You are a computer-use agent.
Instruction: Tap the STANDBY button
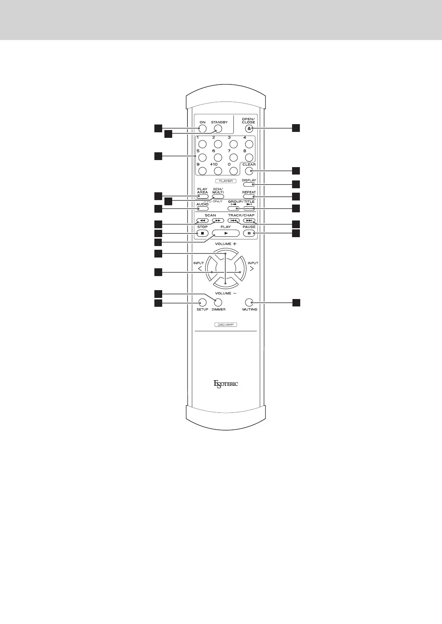tap(218, 129)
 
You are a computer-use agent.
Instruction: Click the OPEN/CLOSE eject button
tap(249, 129)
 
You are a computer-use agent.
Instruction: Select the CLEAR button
tap(249, 171)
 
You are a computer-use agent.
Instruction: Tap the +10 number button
tap(218, 171)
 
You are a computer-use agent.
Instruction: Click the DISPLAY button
tap(249, 184)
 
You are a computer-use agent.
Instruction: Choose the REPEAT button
tap(249, 196)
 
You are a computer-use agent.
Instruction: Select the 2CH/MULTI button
tap(218, 196)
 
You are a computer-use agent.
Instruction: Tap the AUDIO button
tap(202, 209)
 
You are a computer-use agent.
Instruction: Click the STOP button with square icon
tap(202, 233)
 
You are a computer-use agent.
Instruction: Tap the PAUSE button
tap(249, 233)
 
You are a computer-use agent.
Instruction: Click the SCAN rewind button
tap(202, 220)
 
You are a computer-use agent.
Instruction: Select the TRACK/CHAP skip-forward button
tap(249, 220)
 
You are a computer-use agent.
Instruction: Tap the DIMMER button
tap(218, 302)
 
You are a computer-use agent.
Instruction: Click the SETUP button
tap(202, 302)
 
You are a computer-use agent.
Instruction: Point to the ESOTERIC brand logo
tap(226, 384)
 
